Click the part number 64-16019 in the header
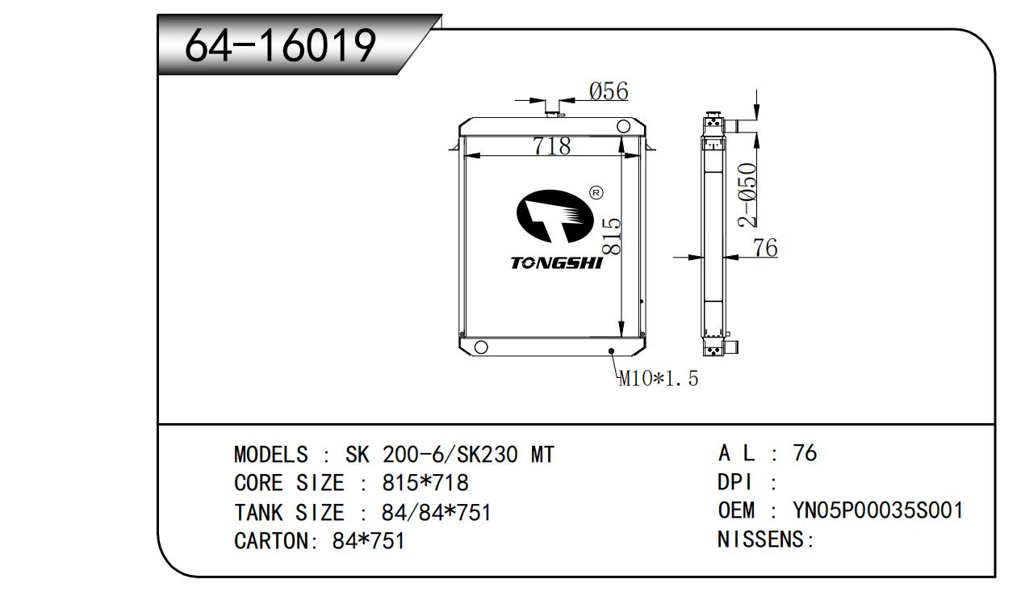[x=281, y=45]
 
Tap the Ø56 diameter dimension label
[x=608, y=91]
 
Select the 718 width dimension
[x=551, y=146]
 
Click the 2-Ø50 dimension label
[x=748, y=195]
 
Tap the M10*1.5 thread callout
[x=658, y=378]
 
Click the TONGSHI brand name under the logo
[x=556, y=263]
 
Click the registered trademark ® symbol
[x=596, y=193]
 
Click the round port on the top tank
[x=624, y=127]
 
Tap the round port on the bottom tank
[x=480, y=347]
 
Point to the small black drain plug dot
[x=611, y=351]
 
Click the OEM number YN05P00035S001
[x=878, y=511]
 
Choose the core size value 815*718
[x=425, y=484]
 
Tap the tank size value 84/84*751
[x=436, y=513]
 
